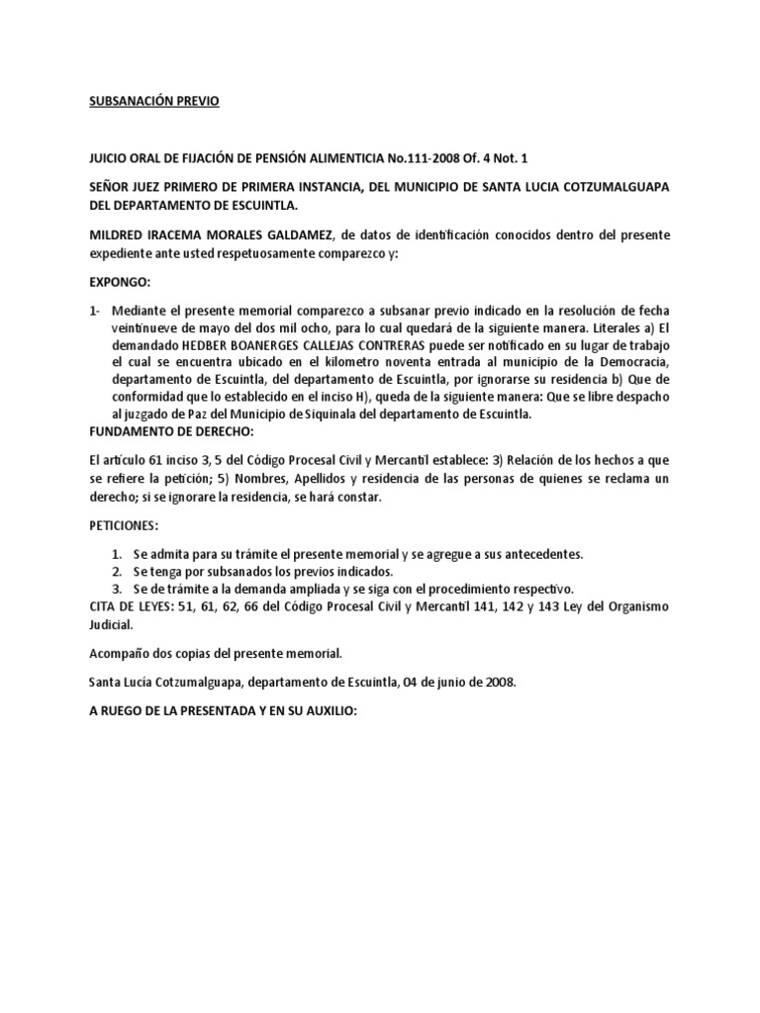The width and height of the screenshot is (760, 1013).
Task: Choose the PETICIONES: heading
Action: click(x=124, y=526)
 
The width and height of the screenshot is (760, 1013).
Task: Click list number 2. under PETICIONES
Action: click(x=117, y=571)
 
